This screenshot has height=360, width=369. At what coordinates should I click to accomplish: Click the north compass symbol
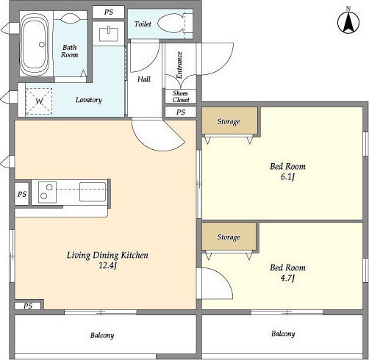[348, 21]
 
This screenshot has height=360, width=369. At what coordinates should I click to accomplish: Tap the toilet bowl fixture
[170, 24]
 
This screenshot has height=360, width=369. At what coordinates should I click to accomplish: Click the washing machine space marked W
[39, 101]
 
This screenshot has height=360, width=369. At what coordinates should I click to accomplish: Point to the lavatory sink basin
[109, 35]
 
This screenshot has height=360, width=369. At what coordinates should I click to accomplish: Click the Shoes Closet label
[181, 96]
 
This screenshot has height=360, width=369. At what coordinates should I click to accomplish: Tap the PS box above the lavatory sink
[109, 12]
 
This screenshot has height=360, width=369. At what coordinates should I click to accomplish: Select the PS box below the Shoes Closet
[181, 112]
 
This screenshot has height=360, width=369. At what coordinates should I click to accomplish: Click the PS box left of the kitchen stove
[22, 194]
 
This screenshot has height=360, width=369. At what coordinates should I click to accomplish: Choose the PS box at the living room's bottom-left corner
[28, 306]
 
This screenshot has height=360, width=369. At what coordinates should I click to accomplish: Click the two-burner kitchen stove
[48, 192]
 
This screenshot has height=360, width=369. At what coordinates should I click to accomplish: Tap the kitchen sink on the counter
[93, 192]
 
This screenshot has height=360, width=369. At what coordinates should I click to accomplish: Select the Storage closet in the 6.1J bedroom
[229, 121]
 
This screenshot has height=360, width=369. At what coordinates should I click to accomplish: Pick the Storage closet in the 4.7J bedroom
[229, 237]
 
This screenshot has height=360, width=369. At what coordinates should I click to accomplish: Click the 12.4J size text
[107, 265]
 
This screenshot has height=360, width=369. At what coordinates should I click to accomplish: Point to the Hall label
[144, 79]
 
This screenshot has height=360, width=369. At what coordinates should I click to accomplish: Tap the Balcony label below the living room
[102, 335]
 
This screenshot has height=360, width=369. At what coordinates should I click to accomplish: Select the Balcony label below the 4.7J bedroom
[283, 334]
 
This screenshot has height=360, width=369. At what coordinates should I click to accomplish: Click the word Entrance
[179, 65]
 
